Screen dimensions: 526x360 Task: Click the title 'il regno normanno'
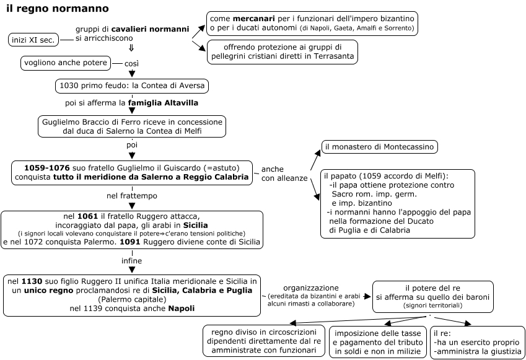58,9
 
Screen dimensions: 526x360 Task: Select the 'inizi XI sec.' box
33,40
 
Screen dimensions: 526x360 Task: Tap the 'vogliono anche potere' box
66,63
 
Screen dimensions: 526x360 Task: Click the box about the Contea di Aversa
132,86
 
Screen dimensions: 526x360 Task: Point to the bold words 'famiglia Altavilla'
163,103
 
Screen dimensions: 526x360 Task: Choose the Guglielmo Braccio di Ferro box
132,126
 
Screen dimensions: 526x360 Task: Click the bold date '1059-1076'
47,168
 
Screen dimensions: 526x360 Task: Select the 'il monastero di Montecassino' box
379,147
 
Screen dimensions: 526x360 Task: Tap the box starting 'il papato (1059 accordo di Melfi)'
398,203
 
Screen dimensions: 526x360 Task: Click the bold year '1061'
87,216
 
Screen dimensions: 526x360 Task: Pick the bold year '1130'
32,281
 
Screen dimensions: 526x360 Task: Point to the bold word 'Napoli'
182,309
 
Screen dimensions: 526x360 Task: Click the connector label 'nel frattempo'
132,196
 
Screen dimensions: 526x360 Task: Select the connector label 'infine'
131,261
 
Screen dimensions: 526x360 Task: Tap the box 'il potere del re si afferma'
432,297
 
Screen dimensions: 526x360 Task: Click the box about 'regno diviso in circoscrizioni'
264,341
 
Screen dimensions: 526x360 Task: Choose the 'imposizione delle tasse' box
378,342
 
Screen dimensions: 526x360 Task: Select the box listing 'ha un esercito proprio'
478,342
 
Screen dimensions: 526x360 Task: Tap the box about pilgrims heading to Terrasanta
283,52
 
